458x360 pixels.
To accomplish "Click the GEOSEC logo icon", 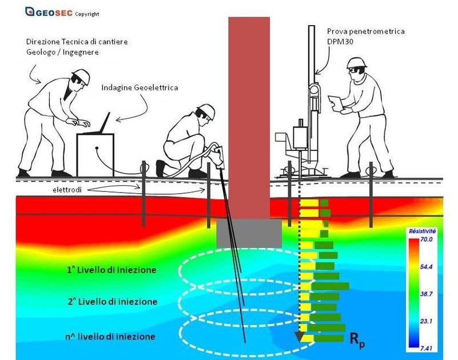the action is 30,11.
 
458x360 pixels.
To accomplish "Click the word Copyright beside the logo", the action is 87,14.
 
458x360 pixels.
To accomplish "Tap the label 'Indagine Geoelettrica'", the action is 140,87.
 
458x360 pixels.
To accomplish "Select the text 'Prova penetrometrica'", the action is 366,31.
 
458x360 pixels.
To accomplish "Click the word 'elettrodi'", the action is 67,190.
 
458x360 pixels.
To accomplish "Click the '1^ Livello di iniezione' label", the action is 111,270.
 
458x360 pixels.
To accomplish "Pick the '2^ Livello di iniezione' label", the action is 113,301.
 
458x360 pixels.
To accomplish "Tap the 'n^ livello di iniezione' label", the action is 110,337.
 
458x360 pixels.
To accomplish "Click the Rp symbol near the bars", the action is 357,340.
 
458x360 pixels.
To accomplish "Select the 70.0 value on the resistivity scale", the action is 427,239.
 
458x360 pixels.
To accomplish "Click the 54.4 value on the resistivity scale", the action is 427,266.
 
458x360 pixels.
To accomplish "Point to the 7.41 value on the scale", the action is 427,348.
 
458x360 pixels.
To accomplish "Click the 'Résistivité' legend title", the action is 423,231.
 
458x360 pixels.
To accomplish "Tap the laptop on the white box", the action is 99,124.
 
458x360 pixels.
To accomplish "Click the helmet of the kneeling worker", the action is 207,110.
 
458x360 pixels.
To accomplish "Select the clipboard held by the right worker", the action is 335,103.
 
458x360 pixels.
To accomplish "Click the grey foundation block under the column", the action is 249,234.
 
